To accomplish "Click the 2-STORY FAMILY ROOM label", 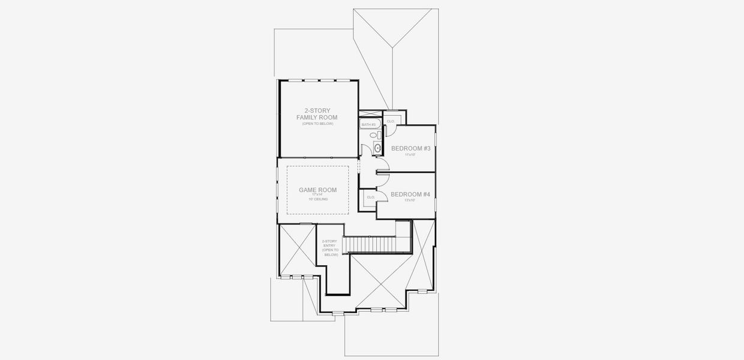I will click(x=317, y=114).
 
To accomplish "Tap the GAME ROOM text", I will click(x=317, y=190).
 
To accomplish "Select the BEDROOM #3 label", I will click(x=410, y=148).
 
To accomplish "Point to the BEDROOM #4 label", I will click(x=410, y=194).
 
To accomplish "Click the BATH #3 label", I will click(x=368, y=125).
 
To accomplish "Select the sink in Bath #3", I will click(x=377, y=148).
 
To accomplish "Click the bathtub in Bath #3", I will click(x=368, y=124).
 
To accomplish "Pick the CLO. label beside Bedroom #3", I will click(x=391, y=121).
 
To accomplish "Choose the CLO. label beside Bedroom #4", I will click(x=370, y=197).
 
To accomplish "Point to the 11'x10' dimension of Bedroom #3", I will click(x=410, y=155).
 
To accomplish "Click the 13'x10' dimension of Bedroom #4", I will click(x=410, y=200).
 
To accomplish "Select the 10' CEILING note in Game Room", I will click(x=317, y=199).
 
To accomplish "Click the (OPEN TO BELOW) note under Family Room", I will click(x=317, y=124).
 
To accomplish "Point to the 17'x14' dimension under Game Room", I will click(x=317, y=195).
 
